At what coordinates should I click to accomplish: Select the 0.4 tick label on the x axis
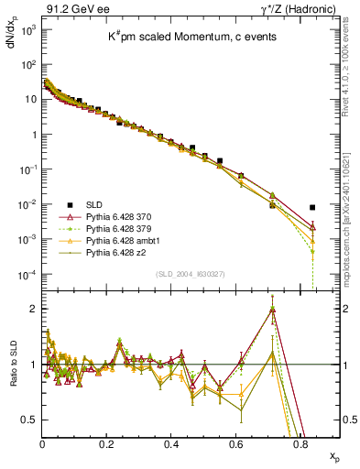pos(172,443)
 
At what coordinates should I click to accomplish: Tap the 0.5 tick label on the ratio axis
pos(28,420)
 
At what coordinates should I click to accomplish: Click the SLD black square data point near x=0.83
pos(312,207)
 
